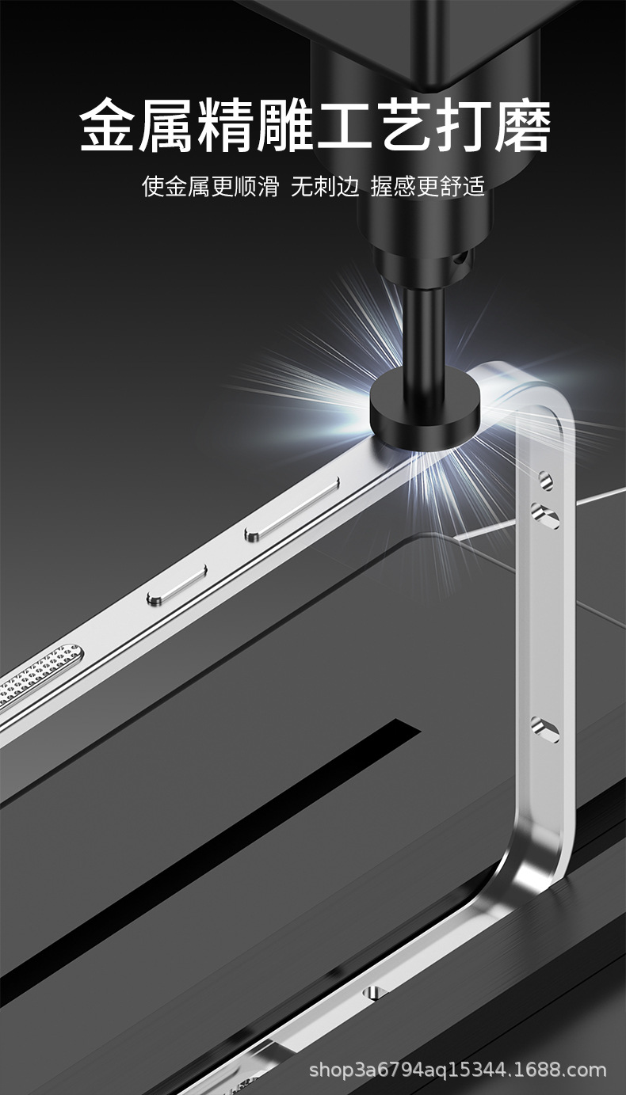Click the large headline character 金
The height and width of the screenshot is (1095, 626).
click(x=108, y=125)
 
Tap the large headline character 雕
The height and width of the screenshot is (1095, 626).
click(x=284, y=125)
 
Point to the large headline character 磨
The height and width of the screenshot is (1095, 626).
click(x=522, y=125)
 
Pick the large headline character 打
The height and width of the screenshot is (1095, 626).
click(x=463, y=125)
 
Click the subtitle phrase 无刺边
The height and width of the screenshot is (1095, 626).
click(x=325, y=186)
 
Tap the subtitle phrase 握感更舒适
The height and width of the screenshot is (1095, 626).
click(x=428, y=186)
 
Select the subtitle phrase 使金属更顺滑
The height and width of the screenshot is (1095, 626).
click(x=210, y=186)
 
